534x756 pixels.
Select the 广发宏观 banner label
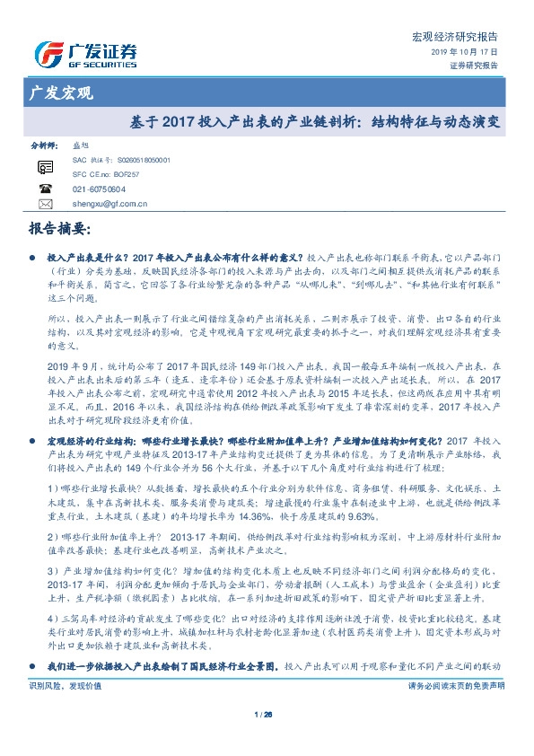click(56, 92)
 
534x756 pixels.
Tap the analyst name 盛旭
click(80, 144)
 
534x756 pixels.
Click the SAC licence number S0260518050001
click(143, 159)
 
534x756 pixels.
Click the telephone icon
click(46, 189)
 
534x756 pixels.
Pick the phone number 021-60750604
click(99, 189)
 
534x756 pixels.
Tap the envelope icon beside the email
click(46, 205)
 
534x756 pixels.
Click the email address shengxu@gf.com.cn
click(110, 204)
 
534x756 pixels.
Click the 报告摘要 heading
click(58, 229)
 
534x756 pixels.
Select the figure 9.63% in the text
click(387, 518)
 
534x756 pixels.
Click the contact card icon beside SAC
click(46, 167)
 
